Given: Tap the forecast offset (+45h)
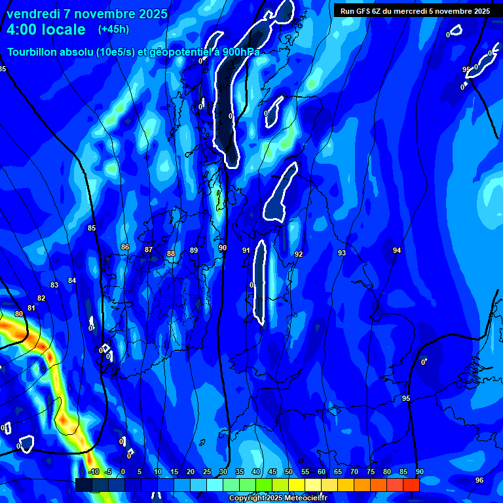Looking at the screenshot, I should tap(113, 29).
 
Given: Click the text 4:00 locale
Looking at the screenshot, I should tap(47, 29).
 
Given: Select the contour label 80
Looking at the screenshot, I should tap(19, 314).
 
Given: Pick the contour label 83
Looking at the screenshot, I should tap(54, 285).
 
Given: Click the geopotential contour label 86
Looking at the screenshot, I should tap(125, 247).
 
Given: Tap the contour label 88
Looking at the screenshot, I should tap(171, 253).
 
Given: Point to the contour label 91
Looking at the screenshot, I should tap(246, 250).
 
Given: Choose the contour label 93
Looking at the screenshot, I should tap(342, 253).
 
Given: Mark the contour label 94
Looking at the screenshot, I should tap(397, 250).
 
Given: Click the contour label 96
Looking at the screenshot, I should tap(479, 480).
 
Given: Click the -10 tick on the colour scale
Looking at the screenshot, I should tap(94, 472).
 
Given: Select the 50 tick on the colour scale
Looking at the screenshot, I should tap(289, 472).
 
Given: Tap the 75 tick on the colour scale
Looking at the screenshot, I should tap(371, 472).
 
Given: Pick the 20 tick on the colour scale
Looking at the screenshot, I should tap(191, 472).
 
